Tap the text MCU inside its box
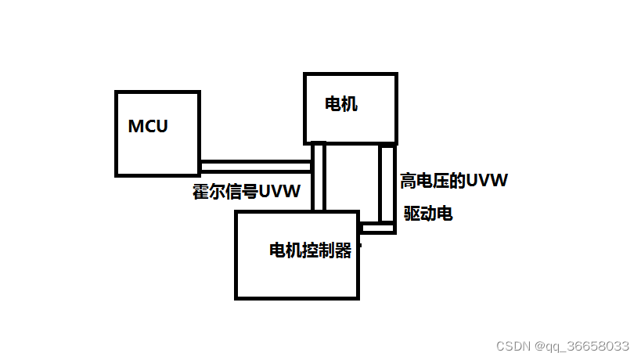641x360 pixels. pyautogui.click(x=148, y=126)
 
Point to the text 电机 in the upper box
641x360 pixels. pyautogui.click(x=341, y=104)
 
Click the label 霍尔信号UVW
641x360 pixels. pyautogui.click(x=247, y=192)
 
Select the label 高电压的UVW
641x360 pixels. pyautogui.click(x=454, y=182)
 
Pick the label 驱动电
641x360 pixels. pyautogui.click(x=428, y=213)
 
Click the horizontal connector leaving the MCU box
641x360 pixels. pyautogui.click(x=255, y=166)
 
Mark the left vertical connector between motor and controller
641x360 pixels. pyautogui.click(x=318, y=177)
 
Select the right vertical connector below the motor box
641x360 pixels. pyautogui.click(x=387, y=184)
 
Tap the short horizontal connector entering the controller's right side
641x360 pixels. pyautogui.click(x=376, y=228)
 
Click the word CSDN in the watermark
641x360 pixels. pyautogui.click(x=513, y=345)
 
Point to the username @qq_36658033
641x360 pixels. pyautogui.click(x=582, y=345)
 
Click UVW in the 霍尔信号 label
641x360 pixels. pyautogui.click(x=279, y=192)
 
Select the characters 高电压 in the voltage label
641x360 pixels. pyautogui.click(x=426, y=182)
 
